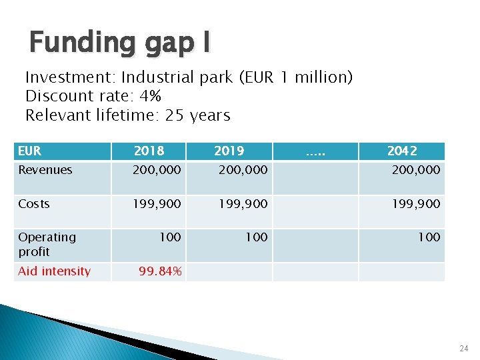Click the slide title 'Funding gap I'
(120, 42)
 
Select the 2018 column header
(149, 151)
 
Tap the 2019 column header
(229, 151)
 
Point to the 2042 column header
(402, 151)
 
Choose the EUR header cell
(30, 151)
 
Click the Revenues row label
(45, 170)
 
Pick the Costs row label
(34, 203)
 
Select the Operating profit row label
(47, 244)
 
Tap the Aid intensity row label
(54, 271)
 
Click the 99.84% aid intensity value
(160, 271)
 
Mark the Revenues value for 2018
(157, 170)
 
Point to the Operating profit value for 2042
(429, 237)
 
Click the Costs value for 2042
(417, 203)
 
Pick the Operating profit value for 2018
(169, 237)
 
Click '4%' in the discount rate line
(151, 96)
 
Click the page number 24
(463, 348)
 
